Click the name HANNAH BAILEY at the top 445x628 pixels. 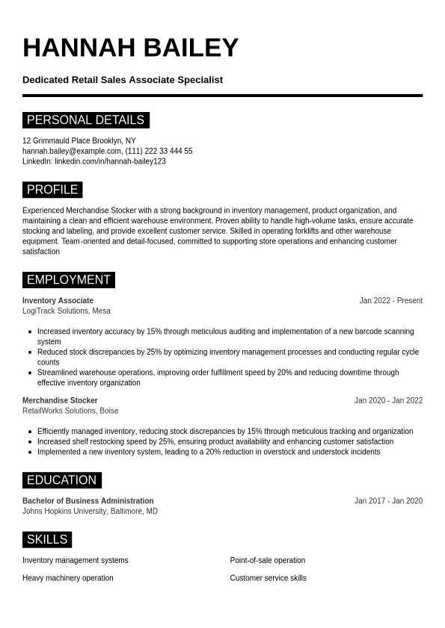[130, 48]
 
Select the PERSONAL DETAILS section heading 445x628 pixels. [85, 120]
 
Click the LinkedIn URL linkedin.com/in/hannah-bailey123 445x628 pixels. [110, 161]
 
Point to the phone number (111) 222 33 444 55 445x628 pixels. [159, 151]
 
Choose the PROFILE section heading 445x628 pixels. [52, 190]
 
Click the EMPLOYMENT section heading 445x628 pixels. [68, 280]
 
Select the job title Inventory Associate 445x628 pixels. [58, 301]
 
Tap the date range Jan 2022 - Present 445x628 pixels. [390, 301]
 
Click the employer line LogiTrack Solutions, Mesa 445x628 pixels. [66, 311]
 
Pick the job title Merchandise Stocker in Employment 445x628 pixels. [60, 401]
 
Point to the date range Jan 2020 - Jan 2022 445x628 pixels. [388, 401]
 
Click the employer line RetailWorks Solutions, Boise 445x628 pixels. [70, 411]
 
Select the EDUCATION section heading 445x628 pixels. [61, 480]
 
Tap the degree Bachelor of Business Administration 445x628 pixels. [88, 501]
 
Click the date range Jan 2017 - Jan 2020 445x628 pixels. [388, 501]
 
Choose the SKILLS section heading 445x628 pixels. [47, 539]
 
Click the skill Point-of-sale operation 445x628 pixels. [267, 561]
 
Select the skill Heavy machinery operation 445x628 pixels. [68, 578]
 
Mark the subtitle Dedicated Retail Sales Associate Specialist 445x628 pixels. [123, 80]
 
